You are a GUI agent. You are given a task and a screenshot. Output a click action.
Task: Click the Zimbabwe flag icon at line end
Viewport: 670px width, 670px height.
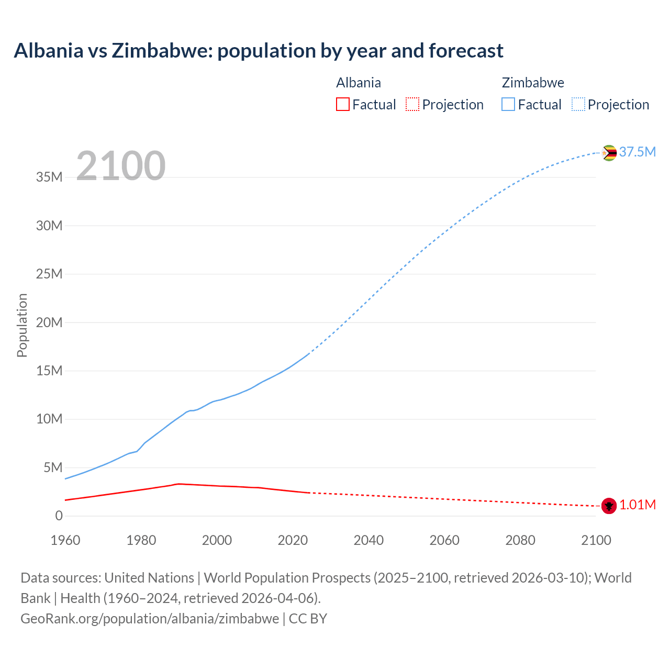(x=609, y=153)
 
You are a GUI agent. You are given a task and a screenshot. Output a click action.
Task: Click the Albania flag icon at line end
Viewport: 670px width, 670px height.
(x=609, y=506)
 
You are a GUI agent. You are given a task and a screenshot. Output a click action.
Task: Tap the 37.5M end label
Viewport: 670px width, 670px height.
(x=637, y=152)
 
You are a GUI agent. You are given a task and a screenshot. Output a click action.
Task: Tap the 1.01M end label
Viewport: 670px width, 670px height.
(x=637, y=505)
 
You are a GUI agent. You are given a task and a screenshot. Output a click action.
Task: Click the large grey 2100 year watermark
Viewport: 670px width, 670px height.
(x=121, y=166)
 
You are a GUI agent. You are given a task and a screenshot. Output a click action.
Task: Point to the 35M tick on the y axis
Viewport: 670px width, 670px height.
(x=49, y=177)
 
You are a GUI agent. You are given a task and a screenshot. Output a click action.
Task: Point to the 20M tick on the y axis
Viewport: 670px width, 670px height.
(x=49, y=322)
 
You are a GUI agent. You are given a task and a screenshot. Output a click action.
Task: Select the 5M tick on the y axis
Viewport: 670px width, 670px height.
(x=53, y=467)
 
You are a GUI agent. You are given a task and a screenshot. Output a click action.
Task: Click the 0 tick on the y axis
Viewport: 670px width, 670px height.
(x=59, y=516)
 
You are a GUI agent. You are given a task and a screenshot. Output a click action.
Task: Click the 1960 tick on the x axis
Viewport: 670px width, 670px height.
(x=65, y=540)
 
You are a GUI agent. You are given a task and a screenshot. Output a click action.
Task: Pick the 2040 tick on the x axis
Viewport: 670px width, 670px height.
(x=368, y=540)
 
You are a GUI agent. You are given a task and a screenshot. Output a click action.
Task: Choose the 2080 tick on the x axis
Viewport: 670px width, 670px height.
(x=520, y=540)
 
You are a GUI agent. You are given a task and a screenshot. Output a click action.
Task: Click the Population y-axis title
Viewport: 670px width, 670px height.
(x=22, y=325)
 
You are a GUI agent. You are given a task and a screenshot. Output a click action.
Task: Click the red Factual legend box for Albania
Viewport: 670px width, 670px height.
(x=343, y=104)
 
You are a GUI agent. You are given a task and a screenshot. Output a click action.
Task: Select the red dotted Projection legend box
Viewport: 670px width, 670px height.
(x=412, y=104)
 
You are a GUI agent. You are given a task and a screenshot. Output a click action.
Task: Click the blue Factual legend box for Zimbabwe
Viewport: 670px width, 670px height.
(x=508, y=104)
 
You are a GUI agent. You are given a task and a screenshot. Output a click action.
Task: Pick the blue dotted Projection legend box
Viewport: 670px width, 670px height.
(x=578, y=104)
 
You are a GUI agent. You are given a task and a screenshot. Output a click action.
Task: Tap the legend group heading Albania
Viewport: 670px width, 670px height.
(x=359, y=83)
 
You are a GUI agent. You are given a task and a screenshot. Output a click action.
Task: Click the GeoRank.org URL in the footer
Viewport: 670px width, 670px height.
(x=150, y=619)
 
